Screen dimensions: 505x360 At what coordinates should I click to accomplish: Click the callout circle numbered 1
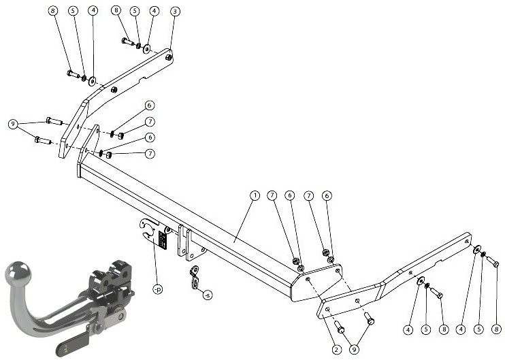click(255, 195)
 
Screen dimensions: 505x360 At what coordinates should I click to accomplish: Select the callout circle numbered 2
click(336, 349)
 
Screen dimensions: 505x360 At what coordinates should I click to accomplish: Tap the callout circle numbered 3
click(175, 12)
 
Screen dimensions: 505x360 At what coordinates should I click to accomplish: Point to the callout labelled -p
click(158, 289)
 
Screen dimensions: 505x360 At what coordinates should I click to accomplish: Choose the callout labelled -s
click(208, 295)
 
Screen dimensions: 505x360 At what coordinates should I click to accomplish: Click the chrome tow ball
click(18, 272)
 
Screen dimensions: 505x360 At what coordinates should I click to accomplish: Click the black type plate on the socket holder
click(163, 240)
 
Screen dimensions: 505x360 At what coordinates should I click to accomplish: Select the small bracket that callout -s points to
click(194, 277)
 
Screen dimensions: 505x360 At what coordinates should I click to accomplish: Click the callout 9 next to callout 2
click(355, 349)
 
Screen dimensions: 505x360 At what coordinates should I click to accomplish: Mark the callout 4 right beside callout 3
click(154, 11)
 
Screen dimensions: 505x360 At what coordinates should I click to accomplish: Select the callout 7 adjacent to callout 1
click(272, 195)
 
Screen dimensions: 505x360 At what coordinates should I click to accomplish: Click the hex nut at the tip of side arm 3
click(168, 58)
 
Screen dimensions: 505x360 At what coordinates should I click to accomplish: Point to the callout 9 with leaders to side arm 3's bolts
click(13, 124)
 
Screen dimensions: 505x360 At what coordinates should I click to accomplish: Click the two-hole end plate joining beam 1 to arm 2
click(317, 282)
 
